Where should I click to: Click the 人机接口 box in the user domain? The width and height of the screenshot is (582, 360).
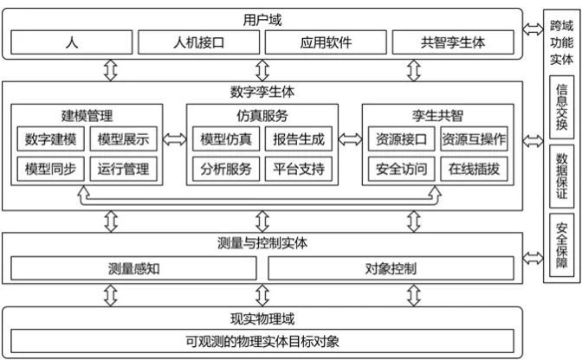(198, 42)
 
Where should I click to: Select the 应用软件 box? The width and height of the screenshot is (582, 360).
(326, 42)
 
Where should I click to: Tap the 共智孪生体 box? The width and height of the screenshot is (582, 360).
(453, 42)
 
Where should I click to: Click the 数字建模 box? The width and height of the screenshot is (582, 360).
(50, 139)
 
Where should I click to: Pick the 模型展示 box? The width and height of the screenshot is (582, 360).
(123, 139)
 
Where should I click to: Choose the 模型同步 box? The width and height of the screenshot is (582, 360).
(50, 169)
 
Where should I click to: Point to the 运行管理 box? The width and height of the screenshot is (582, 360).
(123, 169)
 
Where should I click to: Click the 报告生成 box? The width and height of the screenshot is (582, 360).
(299, 139)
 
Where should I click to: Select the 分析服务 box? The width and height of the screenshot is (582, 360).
(226, 169)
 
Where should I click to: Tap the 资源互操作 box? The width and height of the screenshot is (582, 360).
(474, 139)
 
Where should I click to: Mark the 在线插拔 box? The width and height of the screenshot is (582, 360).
(474, 169)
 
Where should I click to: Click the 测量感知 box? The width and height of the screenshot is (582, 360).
(133, 268)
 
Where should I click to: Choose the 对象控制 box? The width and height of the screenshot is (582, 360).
(391, 268)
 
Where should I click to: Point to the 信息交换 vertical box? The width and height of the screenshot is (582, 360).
(561, 107)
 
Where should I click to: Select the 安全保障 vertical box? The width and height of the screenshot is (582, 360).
(561, 245)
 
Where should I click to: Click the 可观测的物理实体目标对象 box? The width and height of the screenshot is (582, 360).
(262, 341)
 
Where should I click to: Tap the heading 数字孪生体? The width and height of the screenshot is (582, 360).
(262, 92)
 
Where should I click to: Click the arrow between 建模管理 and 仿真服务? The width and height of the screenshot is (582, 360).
(174, 139)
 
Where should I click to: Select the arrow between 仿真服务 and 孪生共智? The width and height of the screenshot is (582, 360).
(350, 139)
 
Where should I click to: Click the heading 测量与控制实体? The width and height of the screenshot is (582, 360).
(262, 243)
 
